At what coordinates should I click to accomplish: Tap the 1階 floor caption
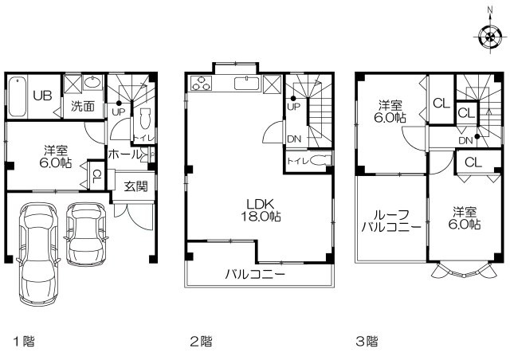pos(22,342)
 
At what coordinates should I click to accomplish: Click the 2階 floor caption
pos(200,342)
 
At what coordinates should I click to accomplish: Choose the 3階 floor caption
pos(367,342)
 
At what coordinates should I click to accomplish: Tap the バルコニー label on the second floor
pos(254,276)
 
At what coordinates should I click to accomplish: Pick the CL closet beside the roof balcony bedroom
pos(472,162)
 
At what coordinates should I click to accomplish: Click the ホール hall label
pos(122,154)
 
